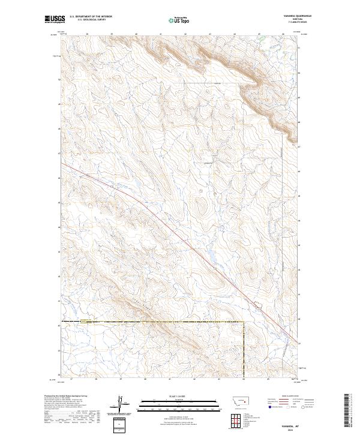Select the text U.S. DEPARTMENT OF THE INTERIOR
[91, 17]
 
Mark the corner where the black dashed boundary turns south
[243, 322]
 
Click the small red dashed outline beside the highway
[257, 306]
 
